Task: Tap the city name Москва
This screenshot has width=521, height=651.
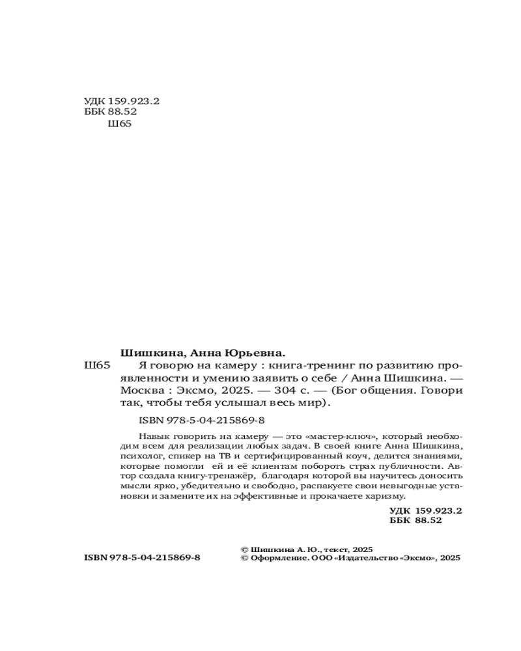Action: tap(141, 391)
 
